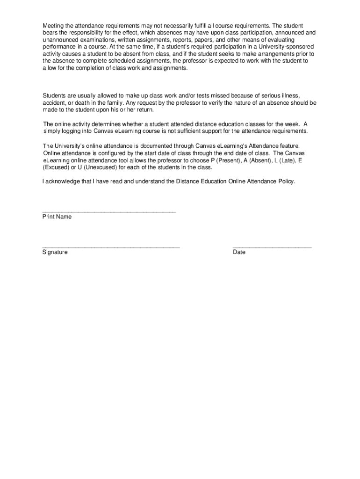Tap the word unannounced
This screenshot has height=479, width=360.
tap(60, 40)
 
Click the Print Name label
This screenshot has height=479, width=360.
tap(57, 217)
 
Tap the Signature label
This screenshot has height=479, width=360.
tap(55, 252)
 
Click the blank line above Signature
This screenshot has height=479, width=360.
tap(111, 247)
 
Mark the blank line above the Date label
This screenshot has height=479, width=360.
tap(272, 247)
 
